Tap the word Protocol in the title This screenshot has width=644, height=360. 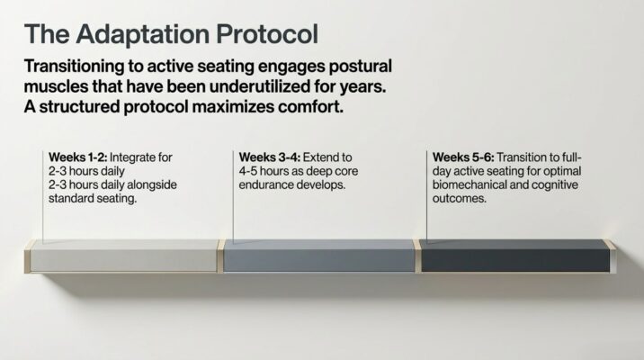[267, 33]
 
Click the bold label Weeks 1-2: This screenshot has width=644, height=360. [78, 157]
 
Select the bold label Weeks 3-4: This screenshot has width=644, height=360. [270, 157]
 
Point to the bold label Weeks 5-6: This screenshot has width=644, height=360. [463, 157]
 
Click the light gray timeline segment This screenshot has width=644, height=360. [123, 256]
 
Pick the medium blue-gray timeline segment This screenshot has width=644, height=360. [319, 256]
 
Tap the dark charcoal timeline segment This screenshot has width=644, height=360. [515, 256]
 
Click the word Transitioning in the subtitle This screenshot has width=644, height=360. [74, 67]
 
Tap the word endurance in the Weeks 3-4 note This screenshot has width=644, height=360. [265, 184]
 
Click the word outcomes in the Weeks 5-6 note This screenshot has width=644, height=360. [460, 199]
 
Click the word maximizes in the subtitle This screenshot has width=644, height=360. [233, 107]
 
